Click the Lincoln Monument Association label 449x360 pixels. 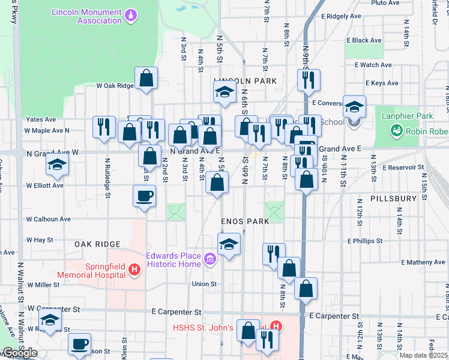coord(86,16)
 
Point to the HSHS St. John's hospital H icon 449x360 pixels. coord(275,327)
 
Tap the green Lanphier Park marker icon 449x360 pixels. coord(396,130)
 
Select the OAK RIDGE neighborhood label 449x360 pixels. coord(97,244)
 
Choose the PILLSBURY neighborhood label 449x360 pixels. coord(393,198)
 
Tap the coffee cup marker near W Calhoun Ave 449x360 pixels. coord(144,196)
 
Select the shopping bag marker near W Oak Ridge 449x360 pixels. coord(146,78)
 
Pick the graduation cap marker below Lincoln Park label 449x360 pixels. coord(224,92)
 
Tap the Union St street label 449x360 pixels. coord(203,284)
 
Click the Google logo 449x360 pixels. coord(20,353)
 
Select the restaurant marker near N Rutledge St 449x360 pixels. coord(104,127)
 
